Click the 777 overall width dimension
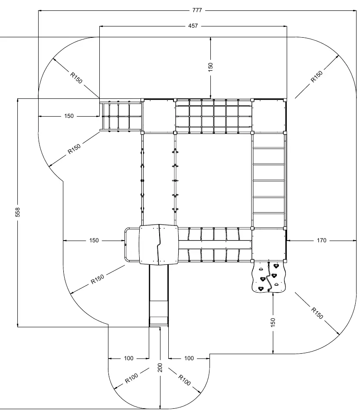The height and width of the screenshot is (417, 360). pos(197,10)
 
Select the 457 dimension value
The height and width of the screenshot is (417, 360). pos(193,26)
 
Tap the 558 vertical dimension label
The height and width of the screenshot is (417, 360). pos(17,212)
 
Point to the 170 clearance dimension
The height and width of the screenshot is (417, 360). pos(321,241)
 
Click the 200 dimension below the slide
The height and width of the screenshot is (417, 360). pos(160,368)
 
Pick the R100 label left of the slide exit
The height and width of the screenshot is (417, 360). pos(131,378)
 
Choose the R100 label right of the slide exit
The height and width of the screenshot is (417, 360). pos(184,380)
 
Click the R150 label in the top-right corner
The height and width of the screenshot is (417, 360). pos(317,76)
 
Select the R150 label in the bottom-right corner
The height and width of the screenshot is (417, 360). pos(317,313)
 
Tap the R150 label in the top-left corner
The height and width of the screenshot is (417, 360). pos(76,78)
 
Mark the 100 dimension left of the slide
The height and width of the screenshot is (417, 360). pos(129,358)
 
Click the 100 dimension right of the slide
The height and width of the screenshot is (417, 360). pos(189,358)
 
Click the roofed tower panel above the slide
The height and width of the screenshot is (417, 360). pos(159,244)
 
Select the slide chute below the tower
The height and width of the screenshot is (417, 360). pos(159,295)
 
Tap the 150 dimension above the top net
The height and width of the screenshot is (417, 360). pos(210,67)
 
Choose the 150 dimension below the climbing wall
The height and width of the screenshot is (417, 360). pos(273,323)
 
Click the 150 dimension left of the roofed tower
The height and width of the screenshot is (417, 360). pos(94,241)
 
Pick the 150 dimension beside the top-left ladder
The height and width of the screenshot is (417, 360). pos(69,116)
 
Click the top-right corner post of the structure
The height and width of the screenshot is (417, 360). pos(285,100)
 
